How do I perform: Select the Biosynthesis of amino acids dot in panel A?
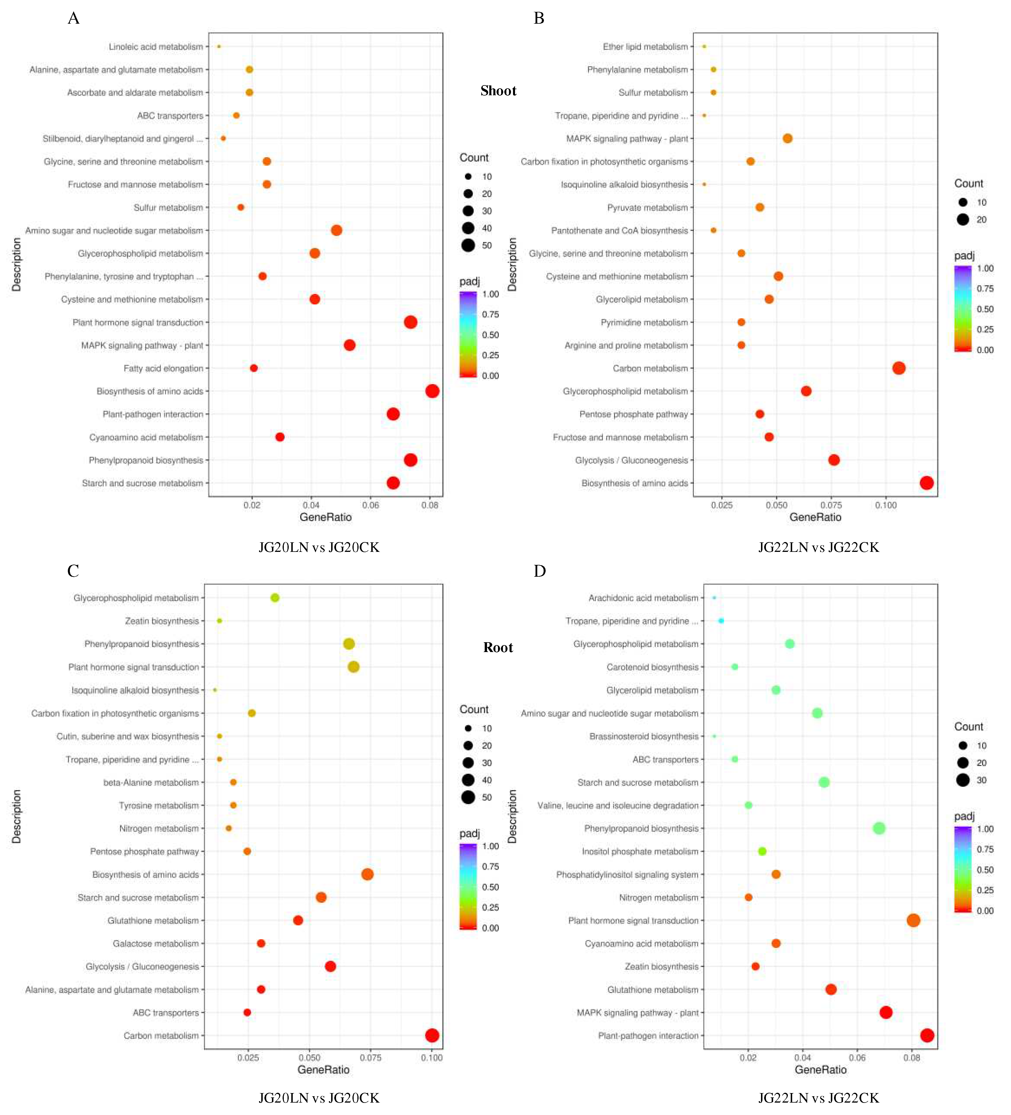coord(432,391)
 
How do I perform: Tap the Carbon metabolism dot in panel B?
coord(899,368)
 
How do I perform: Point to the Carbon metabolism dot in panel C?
coord(432,1035)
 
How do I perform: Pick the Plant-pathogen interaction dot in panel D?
coord(927,1035)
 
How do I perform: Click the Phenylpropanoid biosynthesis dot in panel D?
coord(879,828)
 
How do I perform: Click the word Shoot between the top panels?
coord(498,91)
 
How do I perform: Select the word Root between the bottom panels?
coord(498,647)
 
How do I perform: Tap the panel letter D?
coord(539,571)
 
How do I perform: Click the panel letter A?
coord(74,18)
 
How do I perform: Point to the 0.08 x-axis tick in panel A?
coord(430,505)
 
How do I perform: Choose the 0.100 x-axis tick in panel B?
coord(885,505)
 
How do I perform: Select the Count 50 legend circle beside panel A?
coord(468,245)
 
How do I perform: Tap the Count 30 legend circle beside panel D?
coord(963,780)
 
